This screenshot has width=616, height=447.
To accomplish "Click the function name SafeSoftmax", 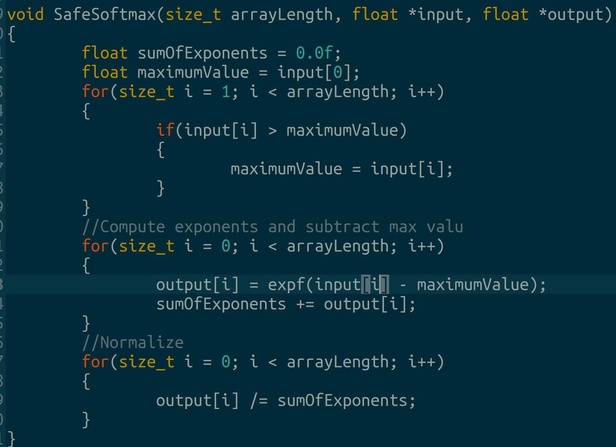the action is point(105,15).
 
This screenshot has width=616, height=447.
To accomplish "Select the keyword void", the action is point(25,15).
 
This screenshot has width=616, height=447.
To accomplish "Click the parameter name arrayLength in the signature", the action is point(282,15).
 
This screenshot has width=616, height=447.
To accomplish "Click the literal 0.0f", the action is point(314,53).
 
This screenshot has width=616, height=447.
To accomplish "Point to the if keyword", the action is point(165,130).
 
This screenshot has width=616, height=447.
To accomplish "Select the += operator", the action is point(305,304).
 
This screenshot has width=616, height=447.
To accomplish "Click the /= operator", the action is point(259,401).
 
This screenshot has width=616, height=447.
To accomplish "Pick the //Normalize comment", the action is point(133,343).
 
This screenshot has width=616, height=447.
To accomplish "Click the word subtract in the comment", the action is point(342,227).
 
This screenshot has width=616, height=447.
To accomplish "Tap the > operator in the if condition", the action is point(272,130).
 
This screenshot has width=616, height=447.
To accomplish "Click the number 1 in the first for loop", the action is point(226,92).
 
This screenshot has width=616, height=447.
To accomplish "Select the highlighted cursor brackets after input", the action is point(375,285).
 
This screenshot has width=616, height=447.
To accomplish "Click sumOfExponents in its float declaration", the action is point(202,53).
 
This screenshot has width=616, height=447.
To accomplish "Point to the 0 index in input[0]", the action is point(338,73).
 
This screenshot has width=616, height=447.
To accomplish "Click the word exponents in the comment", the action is point(216,227).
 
